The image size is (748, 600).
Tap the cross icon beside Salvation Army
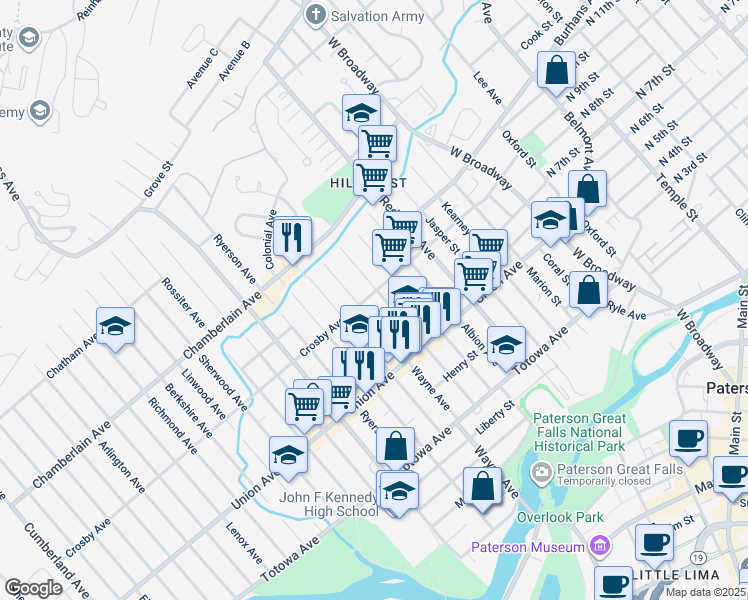pos(317,15)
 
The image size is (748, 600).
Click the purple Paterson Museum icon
pos(600,546)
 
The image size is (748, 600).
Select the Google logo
pos(33,588)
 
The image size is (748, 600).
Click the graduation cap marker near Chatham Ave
pos(116,326)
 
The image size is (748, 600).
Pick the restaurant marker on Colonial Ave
pos(292,237)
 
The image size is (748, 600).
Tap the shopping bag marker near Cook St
pos(556,70)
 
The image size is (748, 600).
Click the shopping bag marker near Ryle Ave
pos(589,290)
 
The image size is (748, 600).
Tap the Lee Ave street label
pos(487,87)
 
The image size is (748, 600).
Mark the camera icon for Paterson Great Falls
pos(541,471)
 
